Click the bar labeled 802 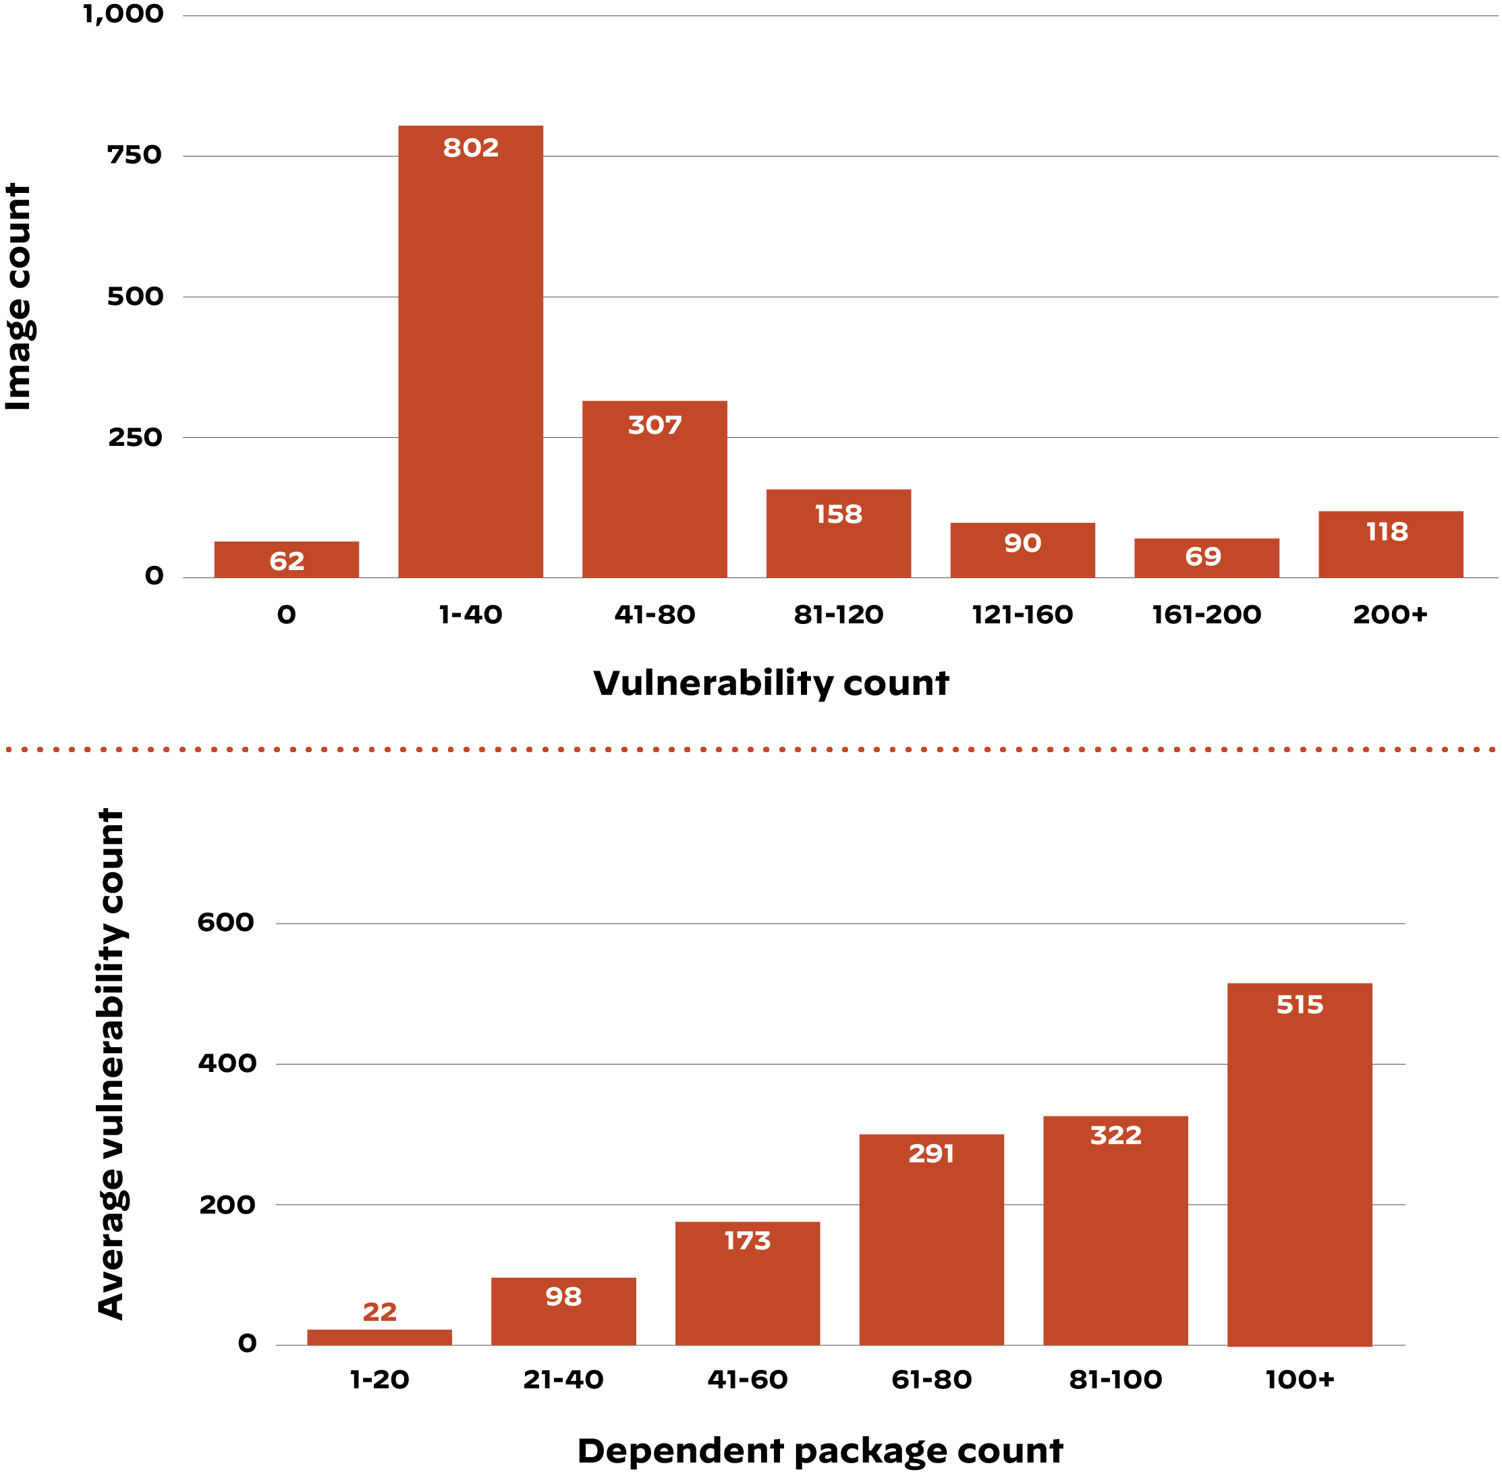tap(471, 351)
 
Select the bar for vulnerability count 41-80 tap(655, 489)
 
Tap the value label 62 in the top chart tap(287, 561)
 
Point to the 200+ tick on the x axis tap(1390, 615)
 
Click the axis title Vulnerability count tap(771, 683)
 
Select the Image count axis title tap(19, 297)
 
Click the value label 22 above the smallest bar tap(379, 1311)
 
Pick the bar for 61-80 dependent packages tap(931, 1240)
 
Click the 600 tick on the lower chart tap(225, 922)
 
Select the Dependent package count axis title tap(820, 1451)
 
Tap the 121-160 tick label tap(1022, 615)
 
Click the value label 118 tap(1387, 532)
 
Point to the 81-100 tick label tap(1115, 1380)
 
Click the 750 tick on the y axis tap(135, 155)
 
